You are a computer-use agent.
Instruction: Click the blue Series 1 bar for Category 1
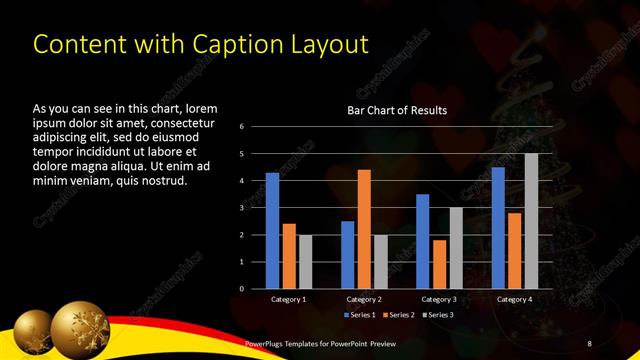click(272, 231)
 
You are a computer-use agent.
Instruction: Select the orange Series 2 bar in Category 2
click(364, 229)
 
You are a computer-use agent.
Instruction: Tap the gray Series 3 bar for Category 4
click(531, 221)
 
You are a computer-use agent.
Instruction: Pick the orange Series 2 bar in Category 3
click(440, 264)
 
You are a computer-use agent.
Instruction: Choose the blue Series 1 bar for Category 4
click(498, 228)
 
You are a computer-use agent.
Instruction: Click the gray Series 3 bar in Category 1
click(305, 262)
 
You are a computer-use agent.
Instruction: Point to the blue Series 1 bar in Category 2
click(348, 255)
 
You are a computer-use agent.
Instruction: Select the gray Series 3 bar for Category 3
click(456, 248)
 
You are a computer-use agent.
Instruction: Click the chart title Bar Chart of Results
click(397, 110)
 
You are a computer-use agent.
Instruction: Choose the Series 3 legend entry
click(440, 316)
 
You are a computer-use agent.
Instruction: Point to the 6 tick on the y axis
click(242, 127)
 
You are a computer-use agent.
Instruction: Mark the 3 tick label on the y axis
click(242, 208)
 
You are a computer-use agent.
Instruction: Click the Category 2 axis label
click(364, 299)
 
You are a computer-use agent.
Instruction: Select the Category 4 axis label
click(514, 299)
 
